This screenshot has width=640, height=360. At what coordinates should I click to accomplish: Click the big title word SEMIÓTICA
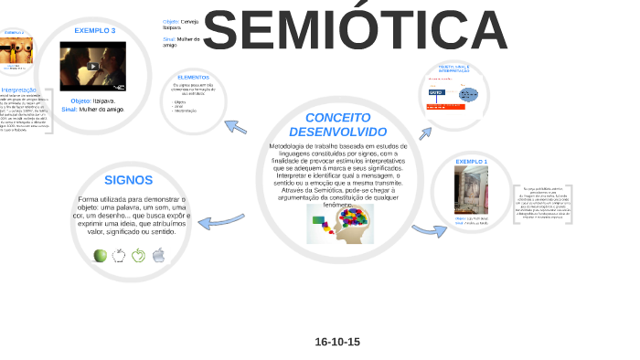pyautogui.click(x=355, y=31)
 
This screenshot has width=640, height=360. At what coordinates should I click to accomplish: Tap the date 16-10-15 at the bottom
pyautogui.click(x=337, y=342)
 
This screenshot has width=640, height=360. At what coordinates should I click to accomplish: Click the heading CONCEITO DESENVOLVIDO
pyautogui.click(x=337, y=125)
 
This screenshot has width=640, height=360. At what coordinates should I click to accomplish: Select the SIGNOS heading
pyautogui.click(x=129, y=180)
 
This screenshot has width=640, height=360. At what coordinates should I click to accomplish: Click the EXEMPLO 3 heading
pyautogui.click(x=95, y=30)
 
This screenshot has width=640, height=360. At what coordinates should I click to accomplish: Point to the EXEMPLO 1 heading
pyautogui.click(x=472, y=162)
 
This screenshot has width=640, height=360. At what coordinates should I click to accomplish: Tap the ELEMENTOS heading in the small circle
pyautogui.click(x=194, y=78)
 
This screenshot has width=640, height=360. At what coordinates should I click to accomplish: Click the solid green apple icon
pyautogui.click(x=101, y=255)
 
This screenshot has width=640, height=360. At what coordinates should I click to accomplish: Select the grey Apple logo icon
pyautogui.click(x=158, y=255)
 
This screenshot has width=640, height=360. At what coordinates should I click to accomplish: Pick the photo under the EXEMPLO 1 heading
pyautogui.click(x=471, y=188)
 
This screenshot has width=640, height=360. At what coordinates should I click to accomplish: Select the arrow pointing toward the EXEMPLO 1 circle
pyautogui.click(x=428, y=230)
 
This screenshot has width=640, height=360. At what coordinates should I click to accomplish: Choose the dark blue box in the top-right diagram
pyautogui.click(x=436, y=93)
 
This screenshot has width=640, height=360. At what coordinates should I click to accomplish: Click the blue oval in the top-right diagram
pyautogui.click(x=469, y=94)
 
